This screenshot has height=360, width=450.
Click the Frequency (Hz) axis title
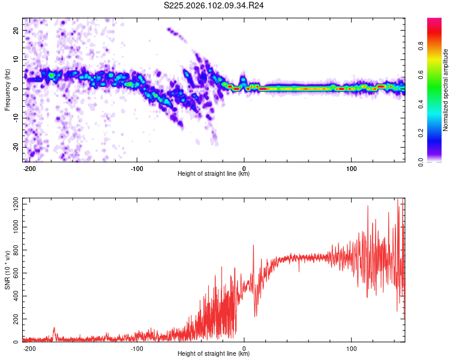[7, 90]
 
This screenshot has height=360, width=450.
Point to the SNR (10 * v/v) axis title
[7, 270]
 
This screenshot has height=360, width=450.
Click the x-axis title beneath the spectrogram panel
[214, 174]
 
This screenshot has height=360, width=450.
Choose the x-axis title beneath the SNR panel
[214, 354]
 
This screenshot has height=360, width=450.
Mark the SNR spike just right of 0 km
[253, 245]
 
